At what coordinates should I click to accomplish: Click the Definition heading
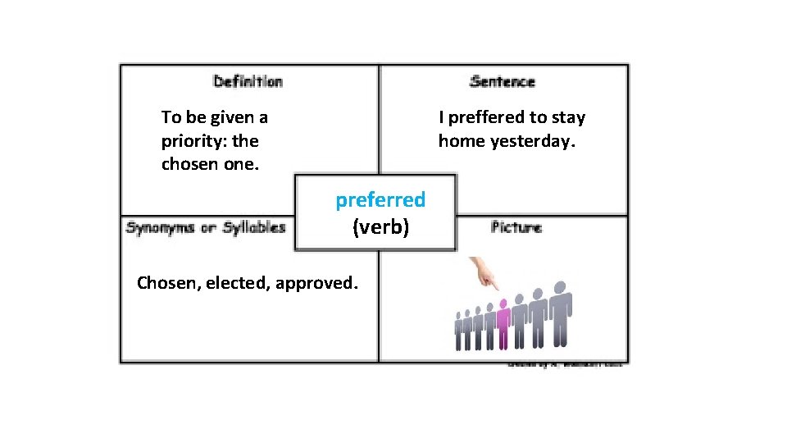pyautogui.click(x=248, y=81)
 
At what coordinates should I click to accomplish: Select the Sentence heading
pyautogui.click(x=502, y=81)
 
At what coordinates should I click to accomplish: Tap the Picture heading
pyautogui.click(x=516, y=227)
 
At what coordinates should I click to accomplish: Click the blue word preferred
pyautogui.click(x=380, y=199)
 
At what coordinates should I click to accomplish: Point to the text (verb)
pyautogui.click(x=380, y=227)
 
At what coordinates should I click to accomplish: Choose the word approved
pyautogui.click(x=316, y=284)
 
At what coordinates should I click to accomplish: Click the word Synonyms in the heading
pyautogui.click(x=161, y=227)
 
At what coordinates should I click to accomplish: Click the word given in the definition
pyautogui.click(x=226, y=117)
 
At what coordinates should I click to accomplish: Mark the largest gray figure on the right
pyautogui.click(x=561, y=316)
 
